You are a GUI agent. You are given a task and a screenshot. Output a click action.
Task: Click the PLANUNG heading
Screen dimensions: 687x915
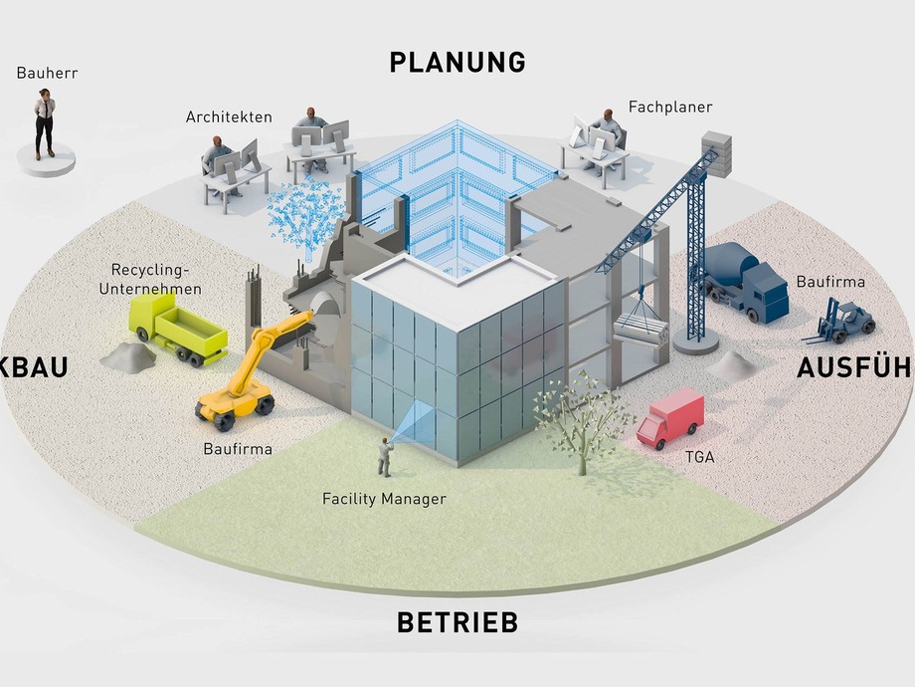(x=457, y=62)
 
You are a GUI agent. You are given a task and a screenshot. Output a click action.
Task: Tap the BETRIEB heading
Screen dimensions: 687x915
(x=457, y=623)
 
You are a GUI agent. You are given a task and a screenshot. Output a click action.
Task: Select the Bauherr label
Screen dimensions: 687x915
(x=46, y=73)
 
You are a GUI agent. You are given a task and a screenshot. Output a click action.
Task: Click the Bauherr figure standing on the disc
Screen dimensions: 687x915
(x=45, y=124)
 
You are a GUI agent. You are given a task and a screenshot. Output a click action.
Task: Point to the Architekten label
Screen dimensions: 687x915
(x=229, y=116)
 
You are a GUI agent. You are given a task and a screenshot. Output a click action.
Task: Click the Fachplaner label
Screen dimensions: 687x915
(x=670, y=107)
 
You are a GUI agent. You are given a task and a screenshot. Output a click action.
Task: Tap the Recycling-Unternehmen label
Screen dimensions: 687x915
(x=156, y=280)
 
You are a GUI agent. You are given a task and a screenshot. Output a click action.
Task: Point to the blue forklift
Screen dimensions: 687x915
(x=845, y=320)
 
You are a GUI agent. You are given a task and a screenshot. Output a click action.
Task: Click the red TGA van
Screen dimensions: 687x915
(x=668, y=418)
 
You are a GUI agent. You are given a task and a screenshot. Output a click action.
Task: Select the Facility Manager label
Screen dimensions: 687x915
(x=384, y=499)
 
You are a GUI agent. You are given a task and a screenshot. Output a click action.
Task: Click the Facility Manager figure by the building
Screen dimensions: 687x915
(x=384, y=457)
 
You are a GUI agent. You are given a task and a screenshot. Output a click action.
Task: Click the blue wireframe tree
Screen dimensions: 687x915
(x=302, y=215)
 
